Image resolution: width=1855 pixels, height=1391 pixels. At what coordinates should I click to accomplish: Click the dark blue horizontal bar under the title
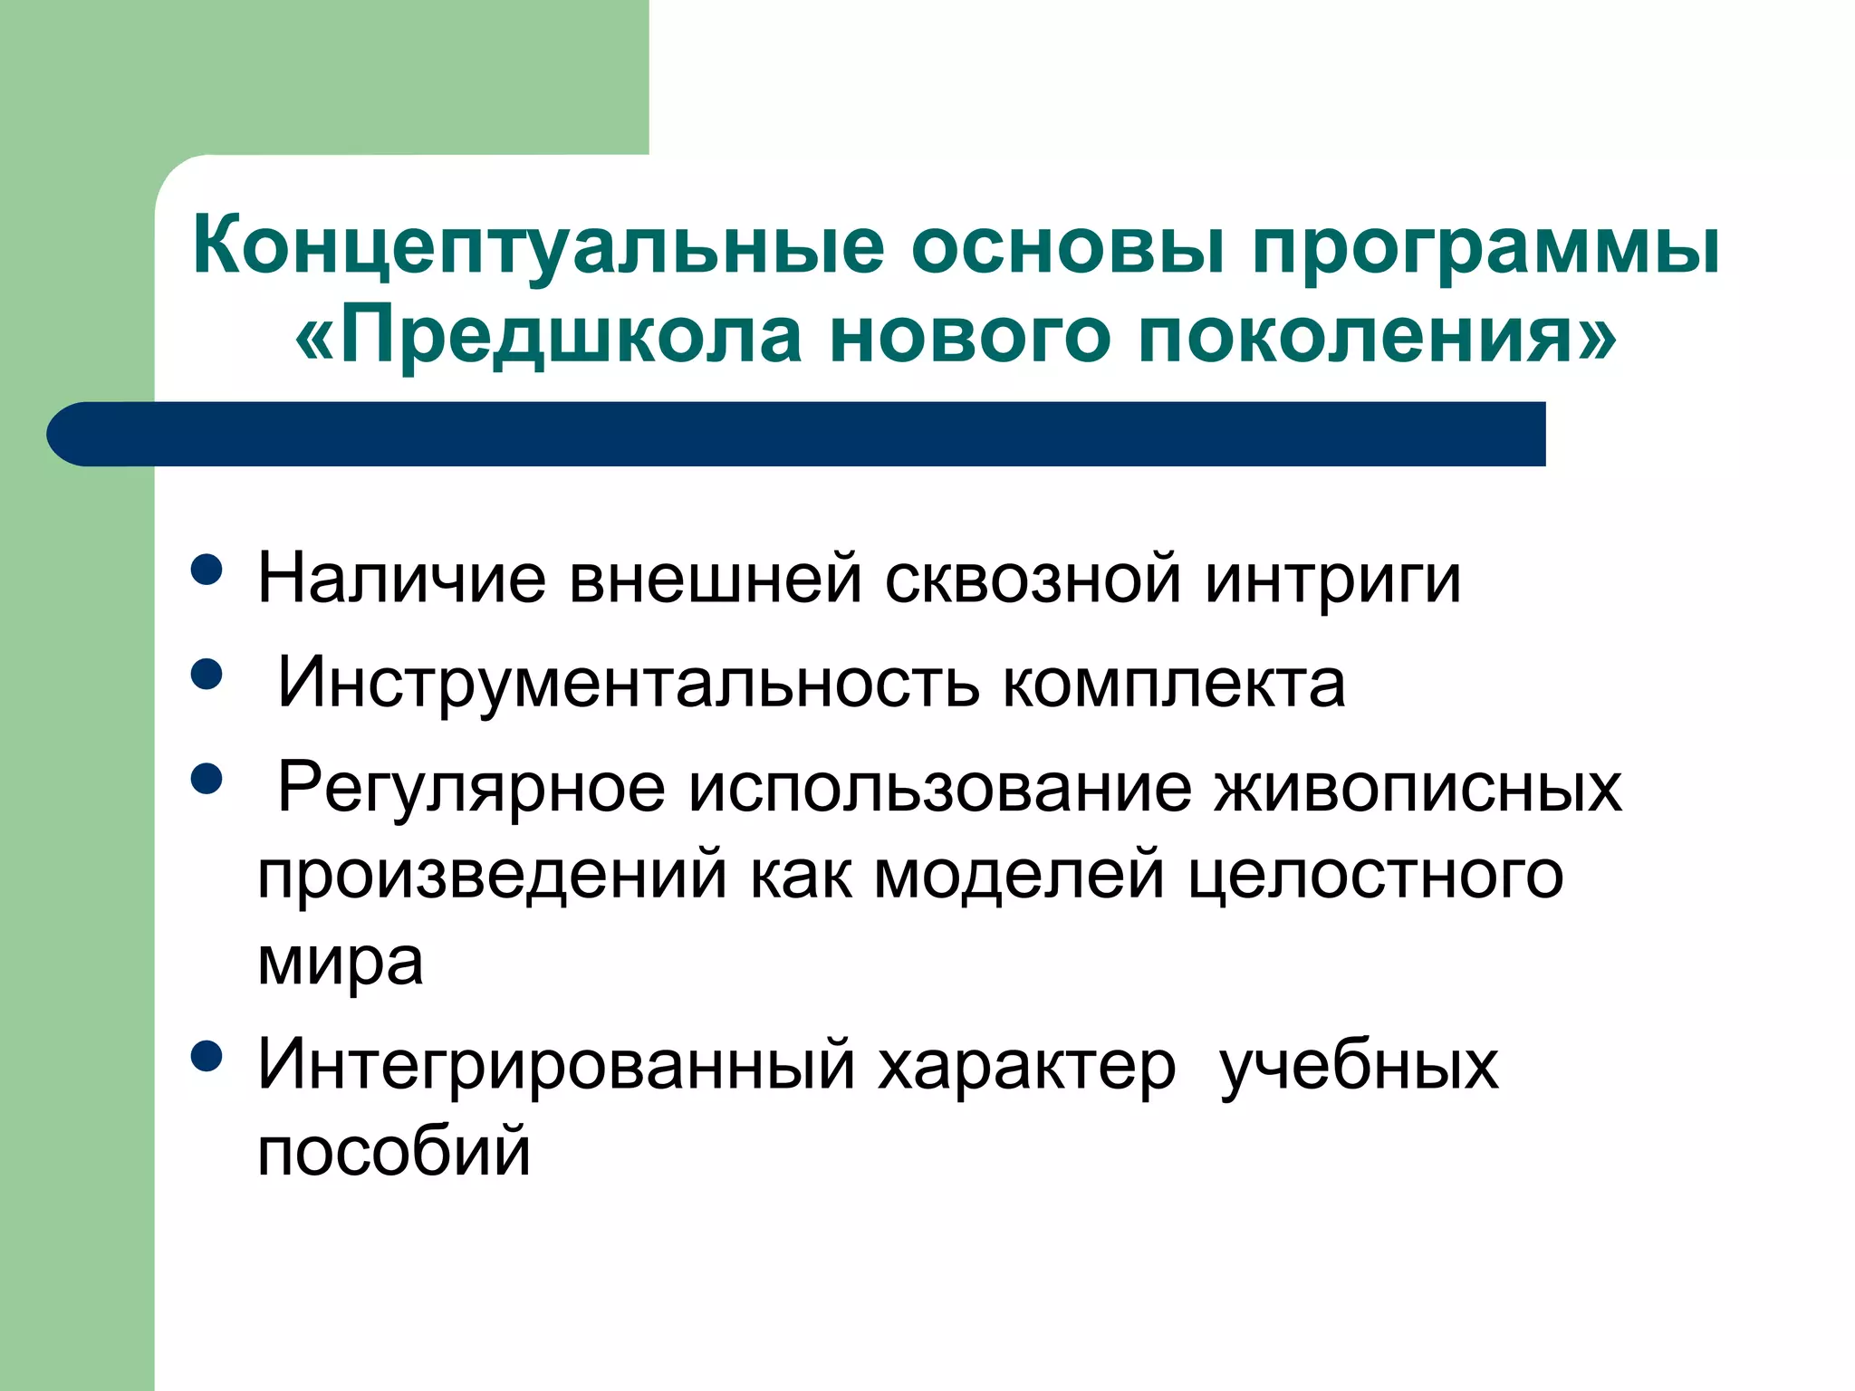pos(797,434)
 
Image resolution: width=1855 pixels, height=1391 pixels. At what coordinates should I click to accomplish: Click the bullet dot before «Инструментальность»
pos(207,675)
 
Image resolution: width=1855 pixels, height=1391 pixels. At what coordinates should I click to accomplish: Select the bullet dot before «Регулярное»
pos(207,779)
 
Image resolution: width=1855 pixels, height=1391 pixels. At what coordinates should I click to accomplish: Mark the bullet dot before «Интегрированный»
pos(207,1056)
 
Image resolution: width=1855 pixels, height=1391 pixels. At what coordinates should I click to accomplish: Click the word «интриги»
pos(1332,580)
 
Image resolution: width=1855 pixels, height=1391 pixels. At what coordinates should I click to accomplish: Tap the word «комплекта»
pos(1174,684)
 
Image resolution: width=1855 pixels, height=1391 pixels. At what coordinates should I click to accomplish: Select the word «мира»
pos(341,963)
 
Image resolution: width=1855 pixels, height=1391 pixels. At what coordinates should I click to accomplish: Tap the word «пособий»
pos(394,1152)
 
